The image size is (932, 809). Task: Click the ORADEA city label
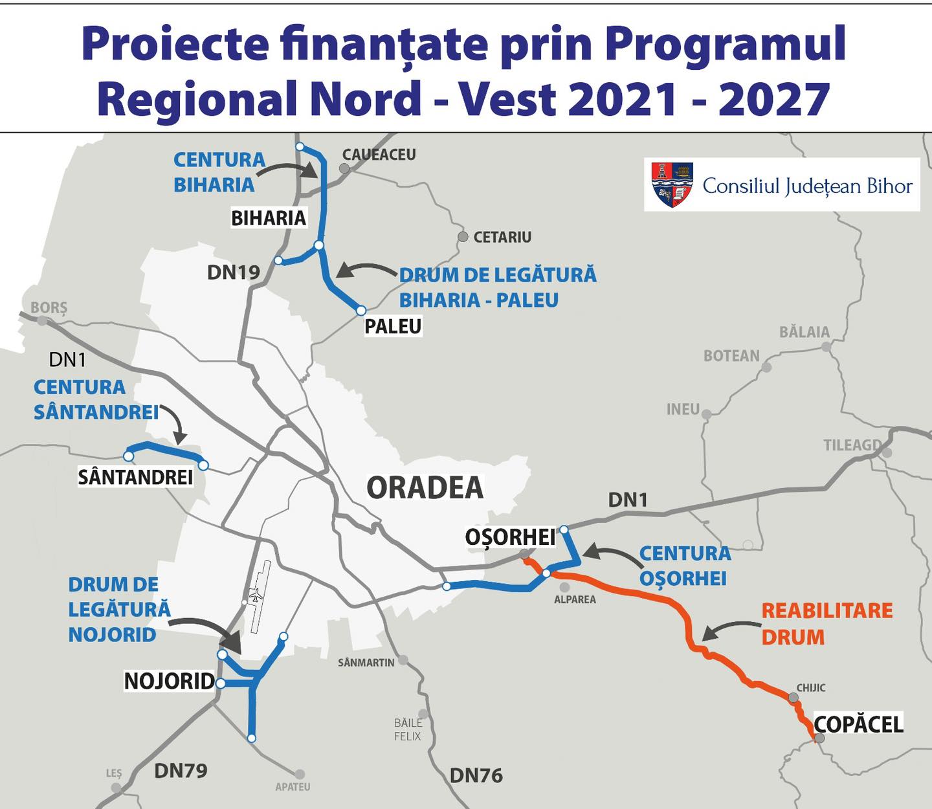click(x=425, y=488)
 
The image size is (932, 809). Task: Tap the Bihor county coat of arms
click(x=672, y=184)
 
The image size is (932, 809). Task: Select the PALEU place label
click(x=393, y=327)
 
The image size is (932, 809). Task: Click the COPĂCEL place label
click(x=858, y=724)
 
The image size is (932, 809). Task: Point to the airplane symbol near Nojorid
click(x=257, y=596)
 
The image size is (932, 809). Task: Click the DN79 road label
click(x=181, y=771)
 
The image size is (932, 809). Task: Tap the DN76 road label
click(x=476, y=775)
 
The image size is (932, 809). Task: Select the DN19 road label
click(x=233, y=272)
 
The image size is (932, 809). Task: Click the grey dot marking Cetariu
click(x=463, y=237)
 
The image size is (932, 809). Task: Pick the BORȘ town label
click(x=49, y=307)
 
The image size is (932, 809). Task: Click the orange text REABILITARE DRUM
click(x=827, y=624)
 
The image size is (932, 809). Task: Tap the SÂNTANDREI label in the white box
click(x=135, y=478)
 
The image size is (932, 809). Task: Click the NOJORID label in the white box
click(x=170, y=681)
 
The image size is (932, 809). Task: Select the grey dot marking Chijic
click(x=793, y=698)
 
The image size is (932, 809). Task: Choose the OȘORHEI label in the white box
click(x=510, y=537)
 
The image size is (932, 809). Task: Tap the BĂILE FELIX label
click(x=408, y=729)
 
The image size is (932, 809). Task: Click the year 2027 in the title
click(x=774, y=100)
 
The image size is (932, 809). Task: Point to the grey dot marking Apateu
click(x=300, y=774)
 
